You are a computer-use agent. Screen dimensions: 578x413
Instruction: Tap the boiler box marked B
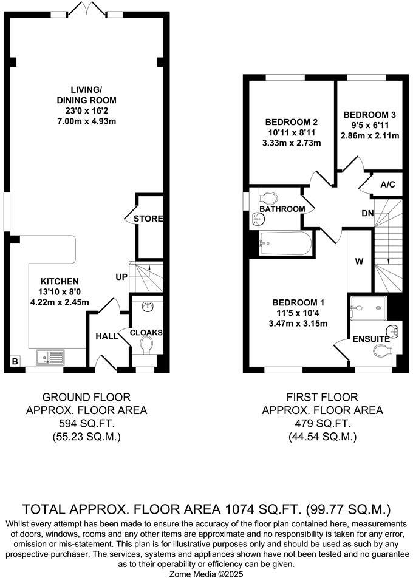(14, 362)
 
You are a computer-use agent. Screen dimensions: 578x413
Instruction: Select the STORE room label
(149, 219)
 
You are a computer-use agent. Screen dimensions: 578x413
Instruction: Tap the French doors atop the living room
(85, 8)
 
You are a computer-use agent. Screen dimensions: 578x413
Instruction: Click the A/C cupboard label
(387, 185)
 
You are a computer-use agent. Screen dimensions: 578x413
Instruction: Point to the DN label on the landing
(367, 213)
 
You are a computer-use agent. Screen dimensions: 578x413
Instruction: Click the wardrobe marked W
(359, 262)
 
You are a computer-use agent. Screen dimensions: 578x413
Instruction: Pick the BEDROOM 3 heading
(370, 115)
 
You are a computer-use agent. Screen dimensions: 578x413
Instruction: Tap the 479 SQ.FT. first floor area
(323, 424)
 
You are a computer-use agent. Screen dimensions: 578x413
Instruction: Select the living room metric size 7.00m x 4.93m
(86, 121)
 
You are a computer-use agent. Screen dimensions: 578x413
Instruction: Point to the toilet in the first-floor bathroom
(267, 197)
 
